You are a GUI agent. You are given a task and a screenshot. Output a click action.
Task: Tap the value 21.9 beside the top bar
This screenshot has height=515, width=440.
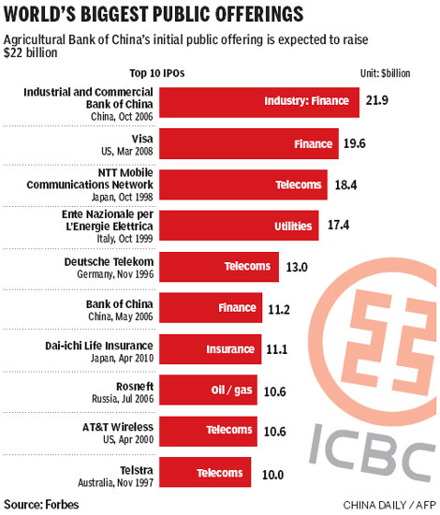377,101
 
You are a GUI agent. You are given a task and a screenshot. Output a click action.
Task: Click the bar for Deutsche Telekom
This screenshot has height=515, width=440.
220,266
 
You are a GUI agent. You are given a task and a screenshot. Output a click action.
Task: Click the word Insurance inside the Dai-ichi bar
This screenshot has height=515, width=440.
231,348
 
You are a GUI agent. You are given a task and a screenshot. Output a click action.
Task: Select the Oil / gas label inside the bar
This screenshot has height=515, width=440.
227,390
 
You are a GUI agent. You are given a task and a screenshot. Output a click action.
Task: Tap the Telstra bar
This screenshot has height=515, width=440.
207,473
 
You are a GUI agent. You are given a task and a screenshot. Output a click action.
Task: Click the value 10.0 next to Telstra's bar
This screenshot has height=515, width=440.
273,475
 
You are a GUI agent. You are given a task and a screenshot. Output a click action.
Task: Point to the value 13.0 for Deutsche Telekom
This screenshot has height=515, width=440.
297,267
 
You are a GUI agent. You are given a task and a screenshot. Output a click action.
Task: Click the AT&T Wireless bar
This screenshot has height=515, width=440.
207,431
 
